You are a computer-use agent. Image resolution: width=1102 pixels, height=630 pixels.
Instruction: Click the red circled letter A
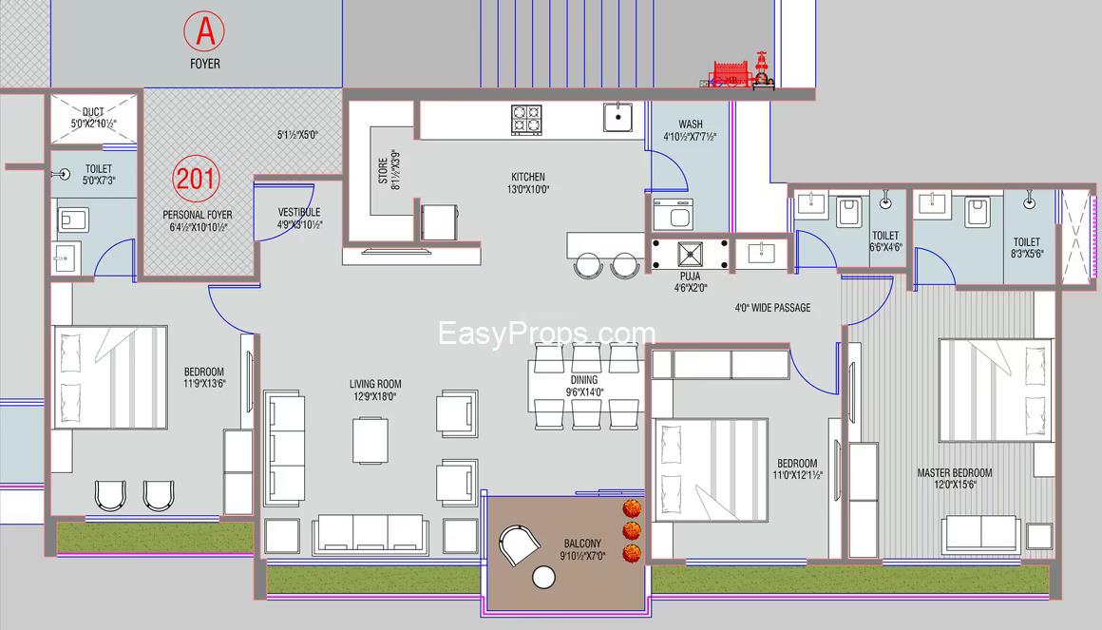point(204,31)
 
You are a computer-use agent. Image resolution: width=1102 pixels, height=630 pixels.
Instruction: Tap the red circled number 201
point(196,179)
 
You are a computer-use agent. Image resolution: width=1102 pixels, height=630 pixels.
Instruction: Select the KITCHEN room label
point(528,177)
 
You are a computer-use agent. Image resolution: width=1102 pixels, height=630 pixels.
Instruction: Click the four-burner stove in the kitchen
point(526,121)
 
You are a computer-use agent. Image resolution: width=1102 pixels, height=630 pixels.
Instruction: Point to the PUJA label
point(690,277)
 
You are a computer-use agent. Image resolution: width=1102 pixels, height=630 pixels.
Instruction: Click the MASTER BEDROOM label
point(955,472)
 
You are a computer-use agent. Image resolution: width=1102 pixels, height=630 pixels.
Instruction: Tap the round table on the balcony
point(543,578)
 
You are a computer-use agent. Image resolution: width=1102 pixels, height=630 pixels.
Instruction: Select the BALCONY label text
point(582,544)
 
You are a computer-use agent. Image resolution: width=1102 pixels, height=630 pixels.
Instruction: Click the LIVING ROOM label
point(375,384)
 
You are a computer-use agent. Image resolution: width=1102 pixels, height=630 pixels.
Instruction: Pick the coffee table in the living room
point(370,441)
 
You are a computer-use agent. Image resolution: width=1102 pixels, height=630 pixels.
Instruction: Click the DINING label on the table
point(584,380)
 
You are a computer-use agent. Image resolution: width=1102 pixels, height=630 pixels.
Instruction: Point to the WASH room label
point(691,124)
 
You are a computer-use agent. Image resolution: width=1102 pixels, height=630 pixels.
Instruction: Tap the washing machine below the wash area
point(674,215)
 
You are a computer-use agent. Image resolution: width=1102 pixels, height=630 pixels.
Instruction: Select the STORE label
point(382,171)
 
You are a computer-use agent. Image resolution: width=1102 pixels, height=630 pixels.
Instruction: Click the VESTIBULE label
point(299,212)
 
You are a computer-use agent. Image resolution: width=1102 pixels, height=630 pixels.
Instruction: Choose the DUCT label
point(93,112)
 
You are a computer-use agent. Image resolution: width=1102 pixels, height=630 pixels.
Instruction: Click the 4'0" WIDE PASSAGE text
point(773,307)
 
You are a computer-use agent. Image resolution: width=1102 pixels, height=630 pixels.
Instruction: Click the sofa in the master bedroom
point(981,534)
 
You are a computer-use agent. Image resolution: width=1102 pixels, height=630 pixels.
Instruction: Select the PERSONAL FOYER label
point(198,215)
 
